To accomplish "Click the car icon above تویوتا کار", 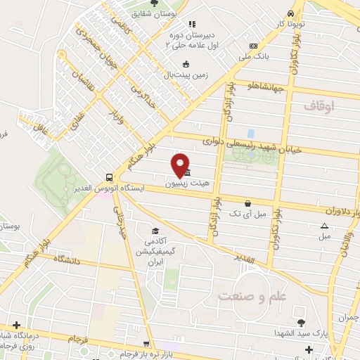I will [x=291, y=13].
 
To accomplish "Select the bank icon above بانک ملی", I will [x=253, y=46].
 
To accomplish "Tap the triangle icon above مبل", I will [x=324, y=226].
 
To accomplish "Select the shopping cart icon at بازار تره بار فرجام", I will [x=146, y=345].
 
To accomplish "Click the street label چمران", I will [x=347, y=318].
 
